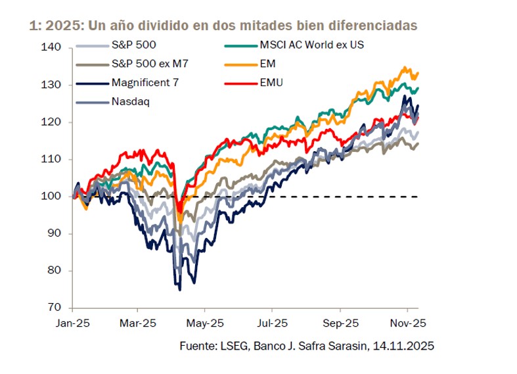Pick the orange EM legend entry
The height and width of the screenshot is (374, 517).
tap(269, 64)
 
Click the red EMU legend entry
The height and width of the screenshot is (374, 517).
tap(272, 83)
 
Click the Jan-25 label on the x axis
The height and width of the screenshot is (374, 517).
tap(72, 323)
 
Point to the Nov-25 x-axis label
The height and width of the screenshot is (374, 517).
tap(407, 323)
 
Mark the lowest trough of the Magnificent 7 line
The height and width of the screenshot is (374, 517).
tap(179, 289)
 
